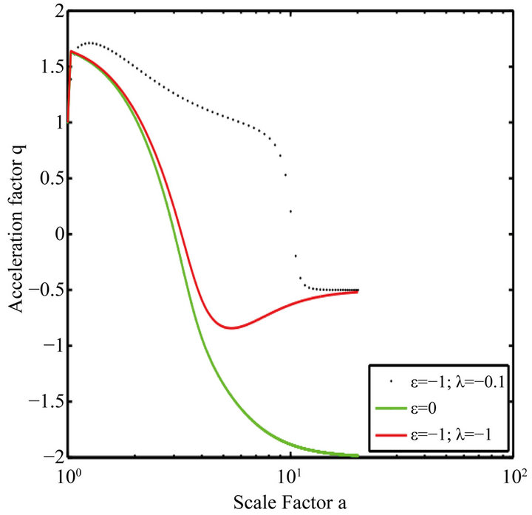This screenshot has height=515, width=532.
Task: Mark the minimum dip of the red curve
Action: click(x=232, y=327)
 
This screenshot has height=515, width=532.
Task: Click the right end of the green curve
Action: click(x=358, y=455)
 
